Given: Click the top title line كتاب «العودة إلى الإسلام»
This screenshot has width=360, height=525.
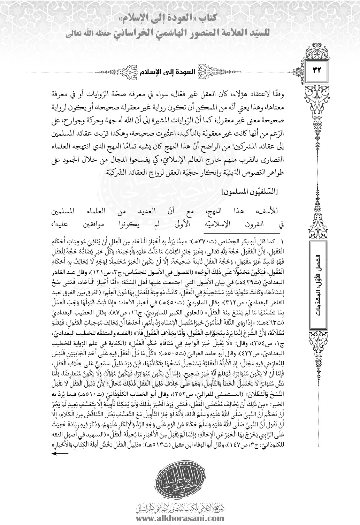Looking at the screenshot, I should (180, 17).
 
